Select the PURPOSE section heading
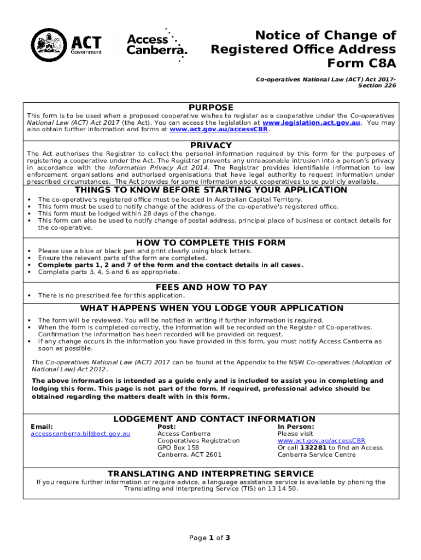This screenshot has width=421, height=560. click(x=211, y=108)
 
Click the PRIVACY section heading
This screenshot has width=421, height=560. click(x=211, y=145)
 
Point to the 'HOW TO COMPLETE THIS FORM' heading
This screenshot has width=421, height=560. click(x=210, y=243)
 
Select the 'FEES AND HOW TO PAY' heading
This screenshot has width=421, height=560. click(x=212, y=287)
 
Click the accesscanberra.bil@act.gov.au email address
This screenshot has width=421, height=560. click(x=80, y=434)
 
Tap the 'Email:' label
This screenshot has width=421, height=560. click(x=42, y=427)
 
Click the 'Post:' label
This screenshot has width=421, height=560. click(x=166, y=427)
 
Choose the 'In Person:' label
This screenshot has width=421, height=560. click(x=296, y=427)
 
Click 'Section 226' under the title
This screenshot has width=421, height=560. click(x=377, y=86)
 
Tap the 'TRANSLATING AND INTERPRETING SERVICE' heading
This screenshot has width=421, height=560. click(x=211, y=474)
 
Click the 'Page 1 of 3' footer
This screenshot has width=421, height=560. click(x=209, y=538)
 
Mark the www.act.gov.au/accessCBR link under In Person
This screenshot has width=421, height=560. click(x=321, y=441)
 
